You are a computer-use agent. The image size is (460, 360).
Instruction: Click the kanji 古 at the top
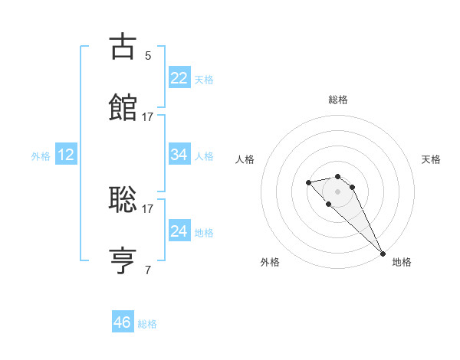(123, 47)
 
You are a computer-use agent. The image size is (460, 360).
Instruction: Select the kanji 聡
(123, 200)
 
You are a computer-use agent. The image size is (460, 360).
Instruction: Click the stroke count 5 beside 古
(147, 55)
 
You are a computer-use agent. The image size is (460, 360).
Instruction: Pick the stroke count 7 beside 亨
(147, 270)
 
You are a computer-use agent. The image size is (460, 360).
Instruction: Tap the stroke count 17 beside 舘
(147, 117)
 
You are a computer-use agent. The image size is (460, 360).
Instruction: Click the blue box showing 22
(179, 78)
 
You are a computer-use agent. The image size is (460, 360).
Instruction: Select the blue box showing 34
(179, 155)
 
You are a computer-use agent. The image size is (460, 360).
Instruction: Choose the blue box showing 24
(179, 231)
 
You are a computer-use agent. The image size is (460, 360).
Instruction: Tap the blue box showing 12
(66, 155)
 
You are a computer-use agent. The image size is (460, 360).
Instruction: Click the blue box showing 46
(122, 322)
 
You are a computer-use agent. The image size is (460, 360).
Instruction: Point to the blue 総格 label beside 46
(147, 324)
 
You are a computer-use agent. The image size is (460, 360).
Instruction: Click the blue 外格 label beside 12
(41, 156)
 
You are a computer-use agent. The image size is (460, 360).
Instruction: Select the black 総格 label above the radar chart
(338, 100)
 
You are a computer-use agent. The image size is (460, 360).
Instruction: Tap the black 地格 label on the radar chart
(402, 262)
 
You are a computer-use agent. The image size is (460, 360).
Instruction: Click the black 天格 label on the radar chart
(431, 159)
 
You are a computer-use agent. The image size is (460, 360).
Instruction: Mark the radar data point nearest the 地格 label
(382, 254)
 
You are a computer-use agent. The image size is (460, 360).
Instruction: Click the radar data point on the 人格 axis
(308, 182)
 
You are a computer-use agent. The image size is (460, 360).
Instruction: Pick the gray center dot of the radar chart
(337, 191)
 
